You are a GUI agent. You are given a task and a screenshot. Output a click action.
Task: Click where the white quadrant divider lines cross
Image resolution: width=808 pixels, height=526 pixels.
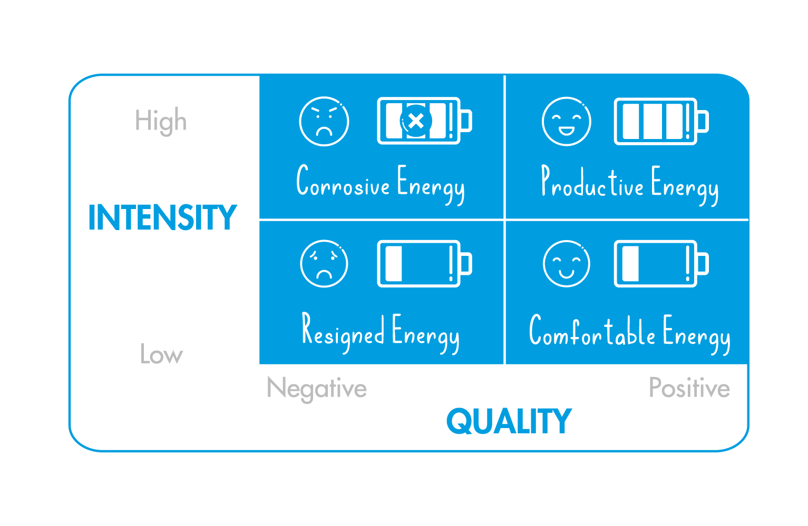click(x=504, y=219)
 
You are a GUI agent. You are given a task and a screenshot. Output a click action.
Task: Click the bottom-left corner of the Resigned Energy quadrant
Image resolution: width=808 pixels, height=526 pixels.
click(x=260, y=364)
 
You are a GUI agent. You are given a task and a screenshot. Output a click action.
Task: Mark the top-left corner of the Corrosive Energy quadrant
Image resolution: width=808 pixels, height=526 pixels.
click(x=260, y=75)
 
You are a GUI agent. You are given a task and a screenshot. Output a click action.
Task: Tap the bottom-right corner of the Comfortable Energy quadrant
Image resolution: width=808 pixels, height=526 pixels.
click(x=747, y=364)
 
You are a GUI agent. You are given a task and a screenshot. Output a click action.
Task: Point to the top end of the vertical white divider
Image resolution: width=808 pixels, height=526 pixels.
click(x=504, y=76)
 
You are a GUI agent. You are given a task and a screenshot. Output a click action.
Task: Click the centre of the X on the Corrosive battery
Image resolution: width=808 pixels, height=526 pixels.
click(x=416, y=121)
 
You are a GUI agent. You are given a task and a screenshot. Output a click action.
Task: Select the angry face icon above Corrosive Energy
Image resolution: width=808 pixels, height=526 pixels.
click(x=324, y=121)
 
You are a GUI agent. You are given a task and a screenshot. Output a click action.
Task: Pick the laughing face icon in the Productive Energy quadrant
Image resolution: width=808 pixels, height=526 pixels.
click(x=566, y=122)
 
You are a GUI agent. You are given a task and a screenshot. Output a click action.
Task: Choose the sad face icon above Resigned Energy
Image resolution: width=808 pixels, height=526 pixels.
click(x=324, y=263)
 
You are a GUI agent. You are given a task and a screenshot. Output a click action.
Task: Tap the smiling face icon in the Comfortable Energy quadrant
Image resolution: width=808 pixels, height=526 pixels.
click(x=566, y=264)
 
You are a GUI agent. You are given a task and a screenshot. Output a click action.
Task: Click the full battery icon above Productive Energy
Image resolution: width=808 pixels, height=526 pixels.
click(x=661, y=121)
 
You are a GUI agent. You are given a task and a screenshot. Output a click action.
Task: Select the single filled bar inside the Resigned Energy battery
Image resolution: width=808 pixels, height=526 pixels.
click(x=394, y=263)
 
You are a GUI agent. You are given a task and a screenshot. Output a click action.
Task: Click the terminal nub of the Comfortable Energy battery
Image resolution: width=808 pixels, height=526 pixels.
click(x=704, y=263)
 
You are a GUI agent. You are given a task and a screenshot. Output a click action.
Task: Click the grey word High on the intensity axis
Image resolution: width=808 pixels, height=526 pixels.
click(x=161, y=121)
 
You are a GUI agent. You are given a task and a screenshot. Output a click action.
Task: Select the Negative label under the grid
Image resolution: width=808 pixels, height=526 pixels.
click(x=317, y=389)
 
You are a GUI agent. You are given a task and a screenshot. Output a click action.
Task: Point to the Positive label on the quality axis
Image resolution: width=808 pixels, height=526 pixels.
click(x=689, y=388)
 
